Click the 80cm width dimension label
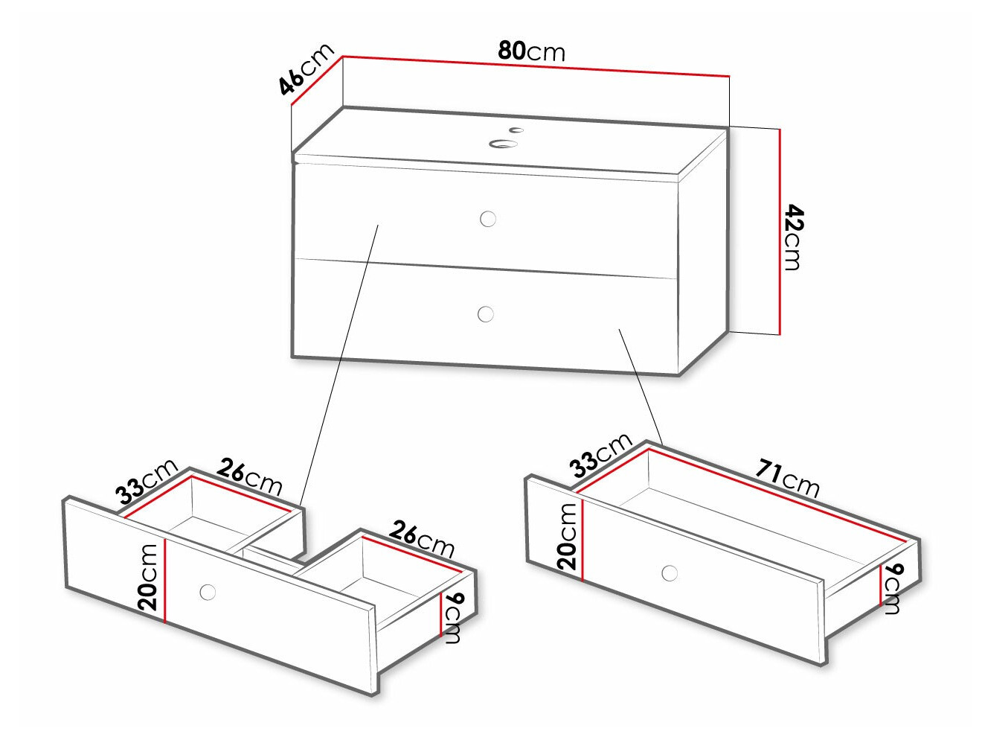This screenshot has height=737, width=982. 531,51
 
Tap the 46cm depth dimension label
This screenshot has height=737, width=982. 306,70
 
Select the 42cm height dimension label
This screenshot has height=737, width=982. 793,237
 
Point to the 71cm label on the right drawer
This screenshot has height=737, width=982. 788,478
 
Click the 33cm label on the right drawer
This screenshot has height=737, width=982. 600,454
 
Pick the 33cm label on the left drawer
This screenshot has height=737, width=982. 147,482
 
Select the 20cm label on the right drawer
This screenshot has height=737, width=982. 567,536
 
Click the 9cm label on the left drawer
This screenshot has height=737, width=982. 453,617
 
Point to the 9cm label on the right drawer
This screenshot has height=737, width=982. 893,588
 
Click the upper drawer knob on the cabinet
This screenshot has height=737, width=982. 488,218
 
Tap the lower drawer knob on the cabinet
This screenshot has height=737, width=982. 486,314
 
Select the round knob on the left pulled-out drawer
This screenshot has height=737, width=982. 208,592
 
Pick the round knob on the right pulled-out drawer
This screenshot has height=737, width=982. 670,573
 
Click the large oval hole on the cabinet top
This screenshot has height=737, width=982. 504,143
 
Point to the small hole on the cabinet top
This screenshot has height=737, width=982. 516,130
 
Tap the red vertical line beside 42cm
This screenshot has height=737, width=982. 780,231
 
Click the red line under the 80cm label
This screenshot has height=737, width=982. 536,66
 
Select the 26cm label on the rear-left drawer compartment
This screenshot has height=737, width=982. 250,477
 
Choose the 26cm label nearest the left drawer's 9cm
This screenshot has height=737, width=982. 422,540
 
